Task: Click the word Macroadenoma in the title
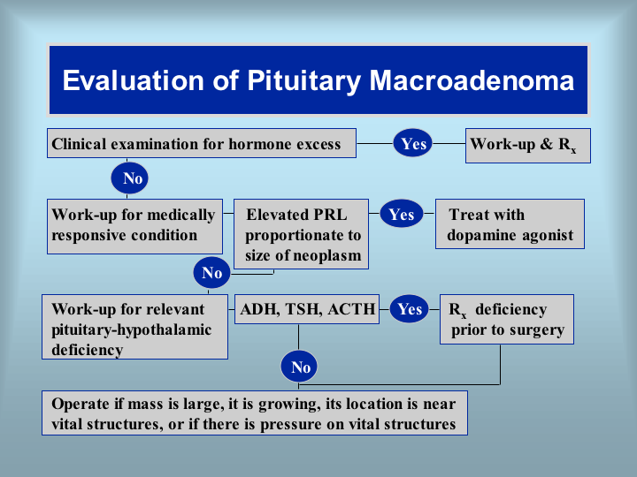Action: (472, 80)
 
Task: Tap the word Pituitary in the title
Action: (303, 81)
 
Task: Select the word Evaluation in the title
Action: (133, 80)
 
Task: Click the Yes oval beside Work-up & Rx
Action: (413, 143)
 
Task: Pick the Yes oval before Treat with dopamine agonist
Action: (402, 214)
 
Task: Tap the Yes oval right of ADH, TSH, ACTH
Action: (410, 309)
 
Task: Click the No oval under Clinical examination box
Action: (129, 178)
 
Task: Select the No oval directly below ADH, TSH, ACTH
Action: (299, 367)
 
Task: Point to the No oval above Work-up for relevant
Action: (211, 273)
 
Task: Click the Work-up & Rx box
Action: (527, 146)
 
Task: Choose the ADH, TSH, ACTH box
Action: (307, 309)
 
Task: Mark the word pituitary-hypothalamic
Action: (131, 330)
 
